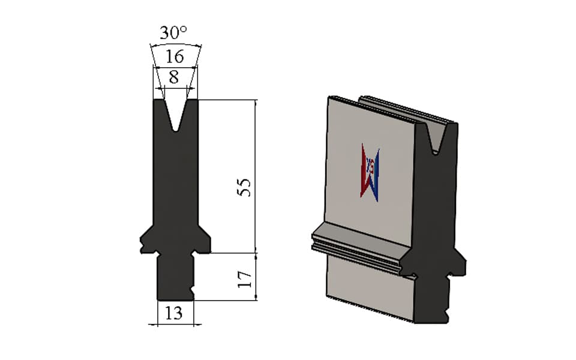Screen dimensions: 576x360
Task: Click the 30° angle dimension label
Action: [x=173, y=32]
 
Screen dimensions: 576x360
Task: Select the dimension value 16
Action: [x=175, y=56]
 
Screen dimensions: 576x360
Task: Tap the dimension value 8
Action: [x=174, y=77]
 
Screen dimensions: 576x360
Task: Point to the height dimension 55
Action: [x=244, y=187]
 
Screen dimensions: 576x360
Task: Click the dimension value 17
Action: [x=244, y=279]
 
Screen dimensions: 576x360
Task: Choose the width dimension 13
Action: [x=173, y=313]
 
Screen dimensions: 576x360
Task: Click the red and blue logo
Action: [x=370, y=172]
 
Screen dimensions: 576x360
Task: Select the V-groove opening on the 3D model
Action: [x=436, y=138]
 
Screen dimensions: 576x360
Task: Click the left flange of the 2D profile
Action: [x=147, y=241]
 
